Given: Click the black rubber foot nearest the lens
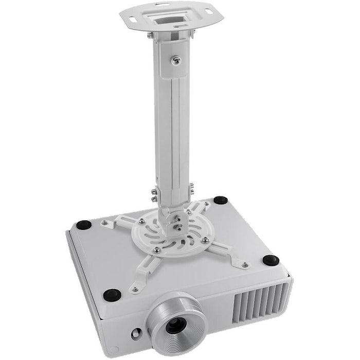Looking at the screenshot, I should tap(112, 295).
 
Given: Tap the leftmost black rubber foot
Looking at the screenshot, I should tap(84, 224).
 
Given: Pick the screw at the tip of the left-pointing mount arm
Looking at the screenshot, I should tap(105, 223).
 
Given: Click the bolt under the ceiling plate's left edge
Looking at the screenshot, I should tap(150, 35).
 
